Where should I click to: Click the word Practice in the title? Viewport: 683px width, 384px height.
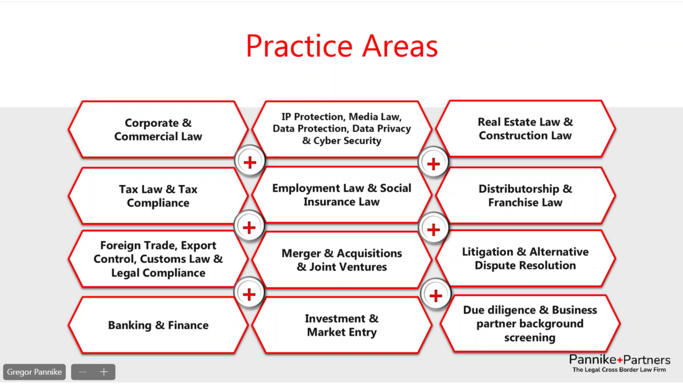click(299, 46)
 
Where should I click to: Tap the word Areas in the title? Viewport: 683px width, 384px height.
click(400, 46)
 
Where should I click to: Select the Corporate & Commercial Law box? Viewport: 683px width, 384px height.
click(158, 129)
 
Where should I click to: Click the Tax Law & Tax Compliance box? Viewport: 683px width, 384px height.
click(158, 196)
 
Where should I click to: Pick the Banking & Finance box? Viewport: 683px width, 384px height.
click(158, 325)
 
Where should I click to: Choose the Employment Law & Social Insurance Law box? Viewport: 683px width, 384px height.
click(342, 195)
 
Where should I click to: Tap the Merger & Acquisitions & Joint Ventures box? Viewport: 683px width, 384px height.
click(342, 260)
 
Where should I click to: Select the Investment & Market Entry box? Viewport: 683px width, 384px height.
click(342, 325)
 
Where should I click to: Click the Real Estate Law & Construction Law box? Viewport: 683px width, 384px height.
click(525, 129)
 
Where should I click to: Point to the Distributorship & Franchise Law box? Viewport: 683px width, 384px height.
click(525, 195)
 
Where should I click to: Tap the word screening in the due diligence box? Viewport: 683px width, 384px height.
click(530, 338)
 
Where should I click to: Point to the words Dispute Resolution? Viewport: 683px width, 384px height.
click(525, 266)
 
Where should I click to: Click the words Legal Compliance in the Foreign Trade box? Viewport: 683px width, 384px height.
click(158, 272)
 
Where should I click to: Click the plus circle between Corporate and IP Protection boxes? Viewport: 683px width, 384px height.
click(250, 162)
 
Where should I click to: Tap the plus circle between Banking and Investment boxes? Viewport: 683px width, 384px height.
click(249, 294)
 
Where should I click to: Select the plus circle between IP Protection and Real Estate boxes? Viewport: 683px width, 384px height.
click(433, 163)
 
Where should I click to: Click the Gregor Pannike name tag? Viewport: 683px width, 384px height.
click(35, 372)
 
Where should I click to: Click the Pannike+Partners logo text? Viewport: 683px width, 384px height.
click(620, 360)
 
